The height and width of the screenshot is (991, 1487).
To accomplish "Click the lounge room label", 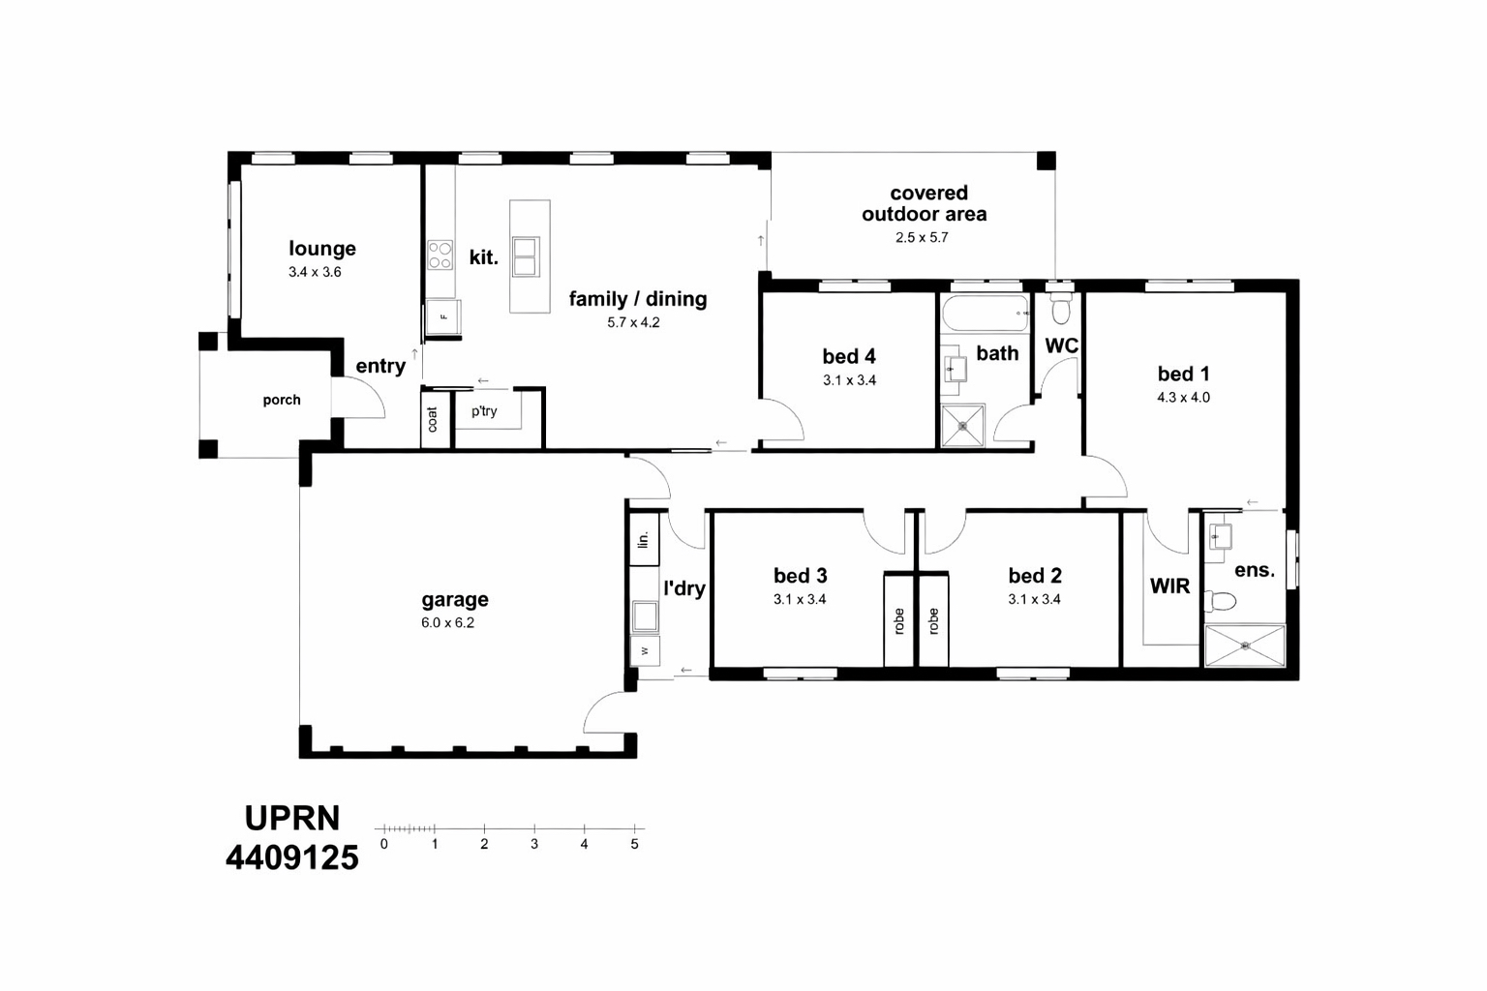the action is (x=322, y=249).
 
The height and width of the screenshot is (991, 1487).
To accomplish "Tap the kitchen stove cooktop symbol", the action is (x=440, y=255).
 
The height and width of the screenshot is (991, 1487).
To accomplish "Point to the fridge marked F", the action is (x=443, y=317).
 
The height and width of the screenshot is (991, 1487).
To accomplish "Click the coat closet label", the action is (x=433, y=419).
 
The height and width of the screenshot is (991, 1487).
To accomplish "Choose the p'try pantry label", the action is (x=484, y=411).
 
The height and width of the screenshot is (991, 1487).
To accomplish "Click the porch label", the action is (x=282, y=401).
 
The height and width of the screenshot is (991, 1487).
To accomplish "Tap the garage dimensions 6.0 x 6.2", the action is (x=447, y=622).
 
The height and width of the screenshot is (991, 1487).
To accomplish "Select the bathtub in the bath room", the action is (x=986, y=314).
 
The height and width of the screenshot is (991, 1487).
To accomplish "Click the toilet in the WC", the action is (x=1061, y=308).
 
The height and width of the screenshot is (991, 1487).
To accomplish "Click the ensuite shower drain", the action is (x=1245, y=645).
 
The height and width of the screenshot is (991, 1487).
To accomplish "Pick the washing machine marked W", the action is (x=644, y=651).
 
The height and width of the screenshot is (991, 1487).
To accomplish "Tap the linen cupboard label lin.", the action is (x=642, y=540).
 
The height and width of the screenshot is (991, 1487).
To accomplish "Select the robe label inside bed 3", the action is (x=899, y=621).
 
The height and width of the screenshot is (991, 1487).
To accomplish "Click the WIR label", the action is (x=1169, y=586).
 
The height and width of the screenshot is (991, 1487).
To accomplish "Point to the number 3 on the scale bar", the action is (x=534, y=844).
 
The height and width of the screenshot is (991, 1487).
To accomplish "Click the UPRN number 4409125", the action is (x=292, y=857).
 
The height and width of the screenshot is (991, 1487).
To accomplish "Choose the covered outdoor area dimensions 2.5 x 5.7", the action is (x=922, y=237).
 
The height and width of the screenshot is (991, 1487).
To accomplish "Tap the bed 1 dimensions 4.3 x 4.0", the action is (x=1183, y=397).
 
